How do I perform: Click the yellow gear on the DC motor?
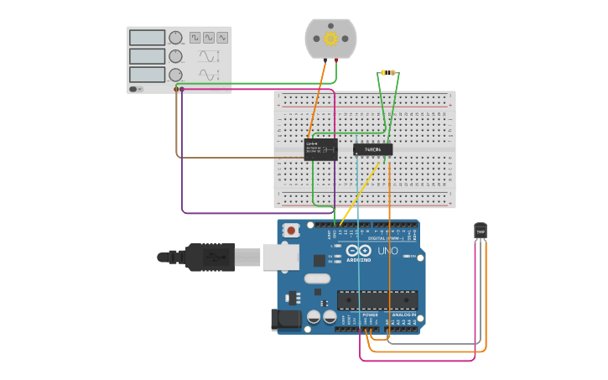click(330, 39)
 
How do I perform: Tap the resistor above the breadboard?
click(387, 72)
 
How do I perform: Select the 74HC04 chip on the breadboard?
click(372, 150)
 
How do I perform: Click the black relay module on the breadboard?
click(320, 149)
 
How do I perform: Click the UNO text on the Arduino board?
click(387, 251)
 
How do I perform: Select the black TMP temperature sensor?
click(481, 230)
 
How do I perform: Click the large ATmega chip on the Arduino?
click(377, 299)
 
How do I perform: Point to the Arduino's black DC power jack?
click(286, 319)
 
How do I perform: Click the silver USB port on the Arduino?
click(281, 257)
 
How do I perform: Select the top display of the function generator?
click(147, 38)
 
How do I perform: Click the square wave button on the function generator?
click(195, 38)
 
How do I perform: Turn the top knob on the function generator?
click(175, 38)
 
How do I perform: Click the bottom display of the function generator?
click(147, 75)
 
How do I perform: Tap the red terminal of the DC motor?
click(337, 60)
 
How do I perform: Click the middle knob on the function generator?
click(175, 56)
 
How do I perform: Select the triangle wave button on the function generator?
click(222, 38)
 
